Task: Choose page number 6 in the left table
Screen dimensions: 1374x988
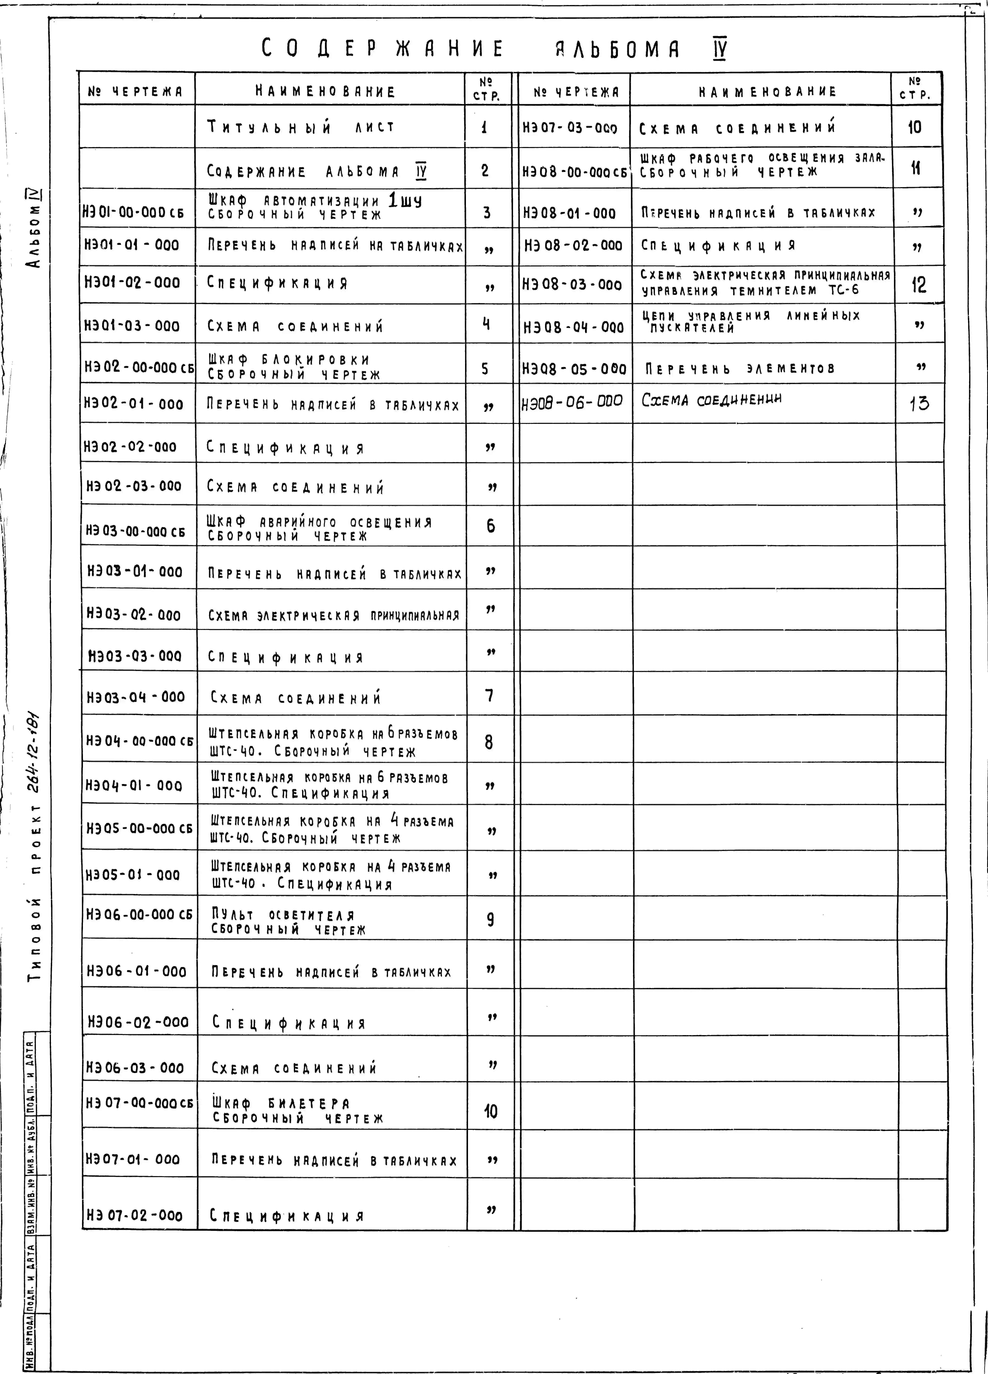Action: coord(490,526)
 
